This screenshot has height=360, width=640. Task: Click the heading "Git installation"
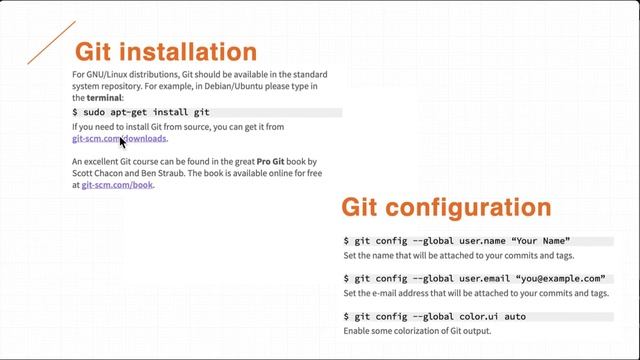(166, 52)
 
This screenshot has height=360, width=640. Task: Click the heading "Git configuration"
(446, 207)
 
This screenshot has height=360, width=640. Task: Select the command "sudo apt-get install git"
(141, 113)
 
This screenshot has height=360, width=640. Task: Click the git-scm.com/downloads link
(119, 139)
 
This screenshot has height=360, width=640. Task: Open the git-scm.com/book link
(117, 185)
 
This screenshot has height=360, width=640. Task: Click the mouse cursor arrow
(123, 142)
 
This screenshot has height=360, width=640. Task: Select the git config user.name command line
(456, 241)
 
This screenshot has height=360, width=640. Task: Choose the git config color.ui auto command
(434, 316)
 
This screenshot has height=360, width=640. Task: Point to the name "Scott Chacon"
(98, 173)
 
